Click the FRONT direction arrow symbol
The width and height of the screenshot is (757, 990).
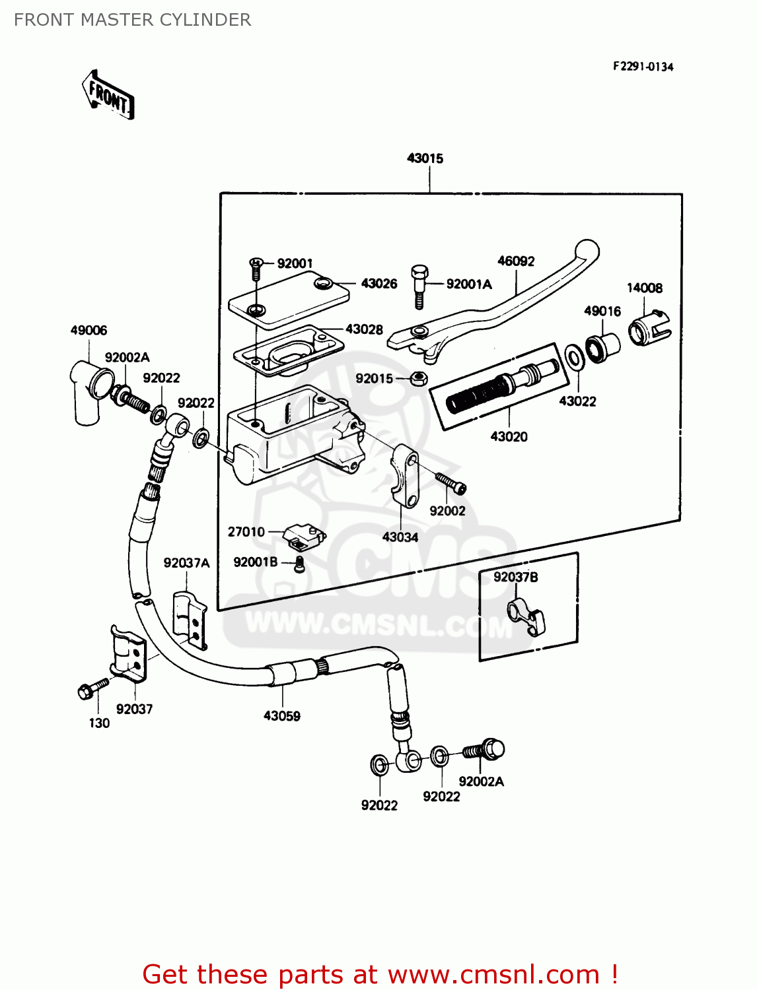(108, 95)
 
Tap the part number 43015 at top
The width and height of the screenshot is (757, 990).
(425, 158)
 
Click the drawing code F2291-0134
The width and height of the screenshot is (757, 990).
(643, 67)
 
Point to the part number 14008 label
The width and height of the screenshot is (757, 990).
(644, 288)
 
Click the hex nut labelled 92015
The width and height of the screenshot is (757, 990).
(417, 379)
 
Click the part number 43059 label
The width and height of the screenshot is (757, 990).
(282, 716)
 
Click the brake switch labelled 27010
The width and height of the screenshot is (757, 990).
(303, 536)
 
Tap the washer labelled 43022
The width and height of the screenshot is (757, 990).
(574, 358)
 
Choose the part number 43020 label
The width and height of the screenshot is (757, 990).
(509, 436)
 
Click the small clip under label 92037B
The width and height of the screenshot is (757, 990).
(526, 617)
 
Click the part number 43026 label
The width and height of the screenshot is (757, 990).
(378, 284)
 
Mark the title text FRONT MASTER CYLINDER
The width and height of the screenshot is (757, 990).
(132, 20)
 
